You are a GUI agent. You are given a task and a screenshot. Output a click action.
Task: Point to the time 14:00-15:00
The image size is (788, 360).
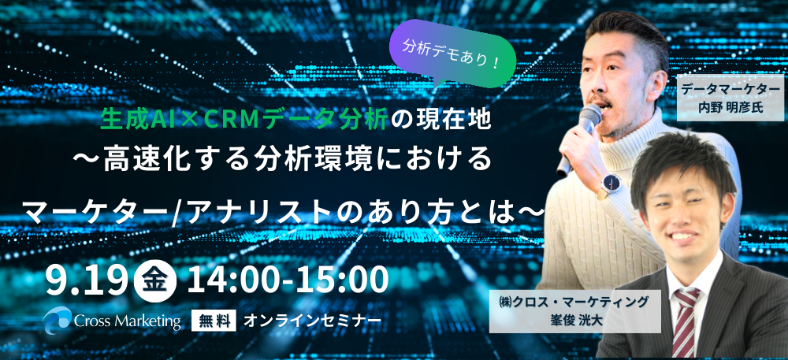coord(288,280)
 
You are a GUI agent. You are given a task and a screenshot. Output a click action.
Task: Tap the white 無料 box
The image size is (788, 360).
coord(214,321)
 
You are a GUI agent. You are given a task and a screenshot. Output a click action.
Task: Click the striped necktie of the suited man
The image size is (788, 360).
coord(686,322)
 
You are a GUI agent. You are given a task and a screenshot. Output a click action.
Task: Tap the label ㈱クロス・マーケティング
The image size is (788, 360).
coord(574,303)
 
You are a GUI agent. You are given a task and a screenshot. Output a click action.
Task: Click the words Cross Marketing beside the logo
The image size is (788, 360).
coord(128,321)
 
